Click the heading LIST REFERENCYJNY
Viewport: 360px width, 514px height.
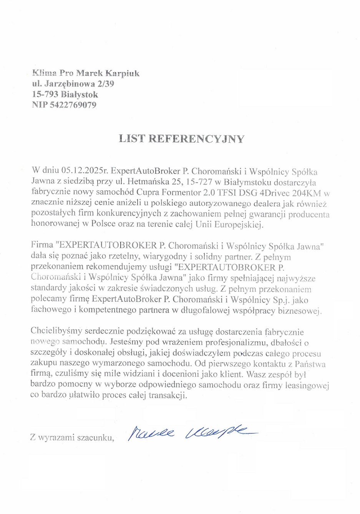point(181,139)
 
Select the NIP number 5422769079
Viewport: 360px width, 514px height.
point(73,105)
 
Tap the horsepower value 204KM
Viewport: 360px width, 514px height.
point(307,193)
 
